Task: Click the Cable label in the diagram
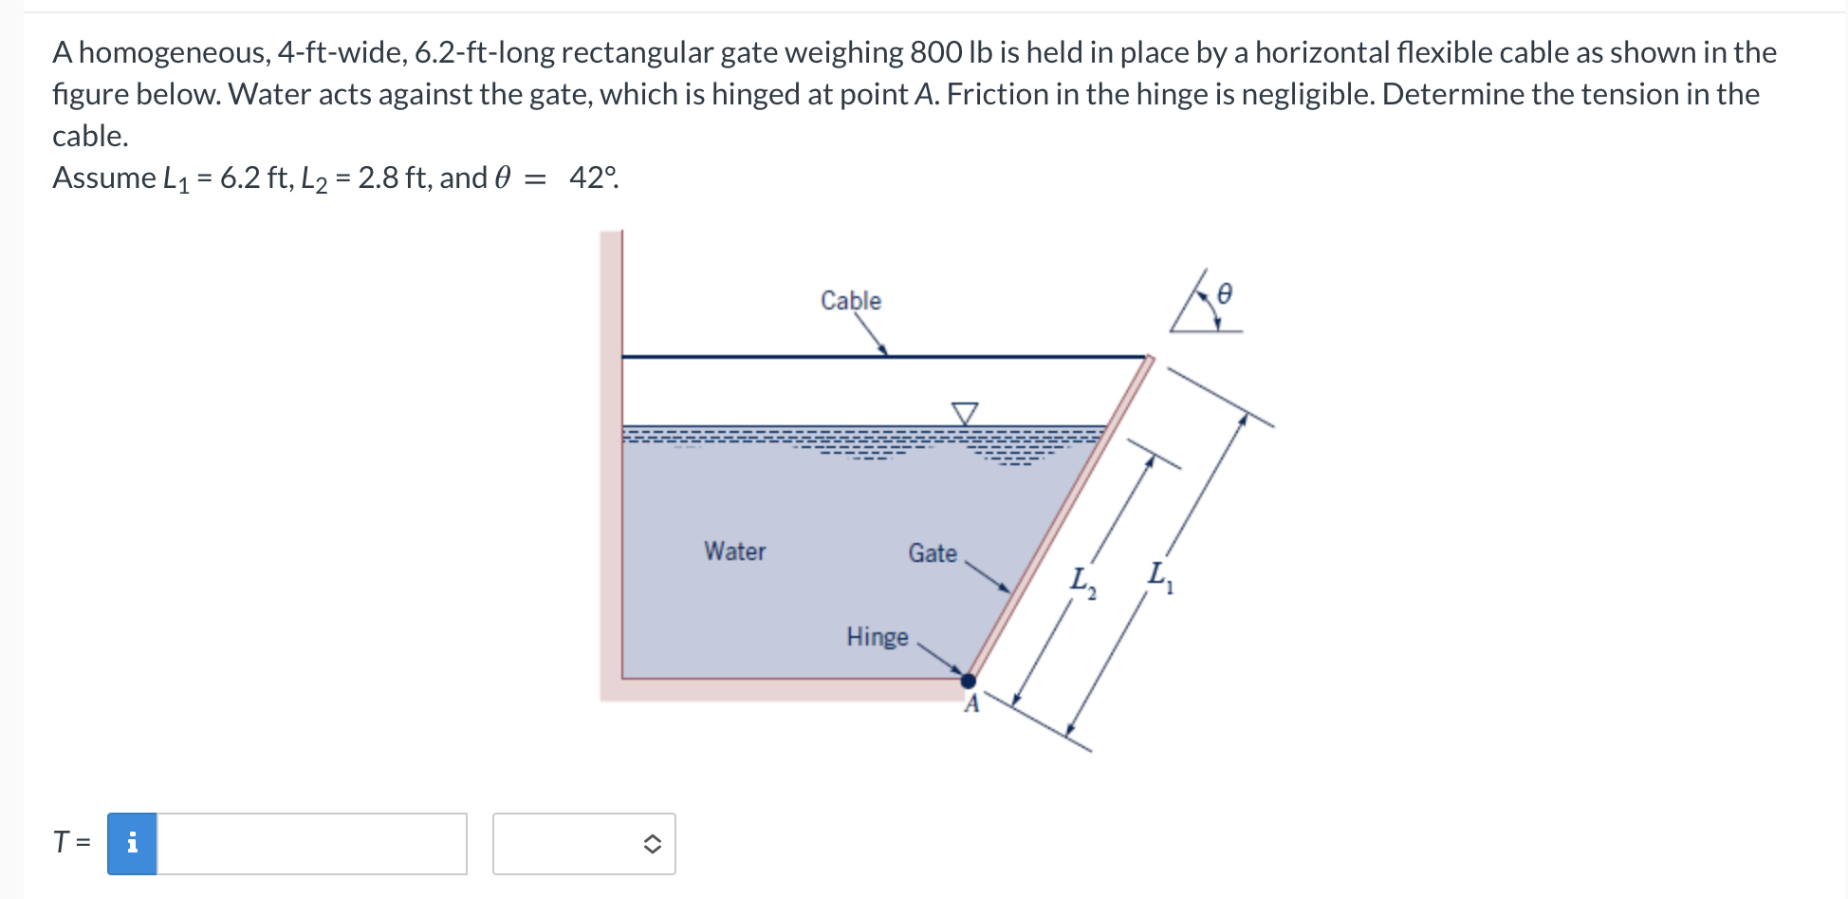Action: (x=850, y=300)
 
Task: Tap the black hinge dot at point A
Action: (x=968, y=681)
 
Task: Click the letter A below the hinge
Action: (x=971, y=704)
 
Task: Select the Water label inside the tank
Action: (x=734, y=551)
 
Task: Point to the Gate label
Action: (x=932, y=553)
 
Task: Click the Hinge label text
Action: (x=877, y=636)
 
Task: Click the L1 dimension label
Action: (x=1159, y=575)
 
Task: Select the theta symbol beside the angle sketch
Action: (x=1224, y=293)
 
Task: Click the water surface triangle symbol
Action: (x=964, y=413)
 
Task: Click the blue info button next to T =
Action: (x=132, y=843)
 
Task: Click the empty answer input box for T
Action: (x=311, y=843)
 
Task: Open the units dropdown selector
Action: (x=583, y=843)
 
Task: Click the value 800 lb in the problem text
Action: (x=950, y=52)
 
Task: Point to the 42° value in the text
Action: (x=593, y=178)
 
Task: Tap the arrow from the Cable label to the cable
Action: (x=870, y=333)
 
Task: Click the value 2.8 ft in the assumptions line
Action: (x=391, y=178)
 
